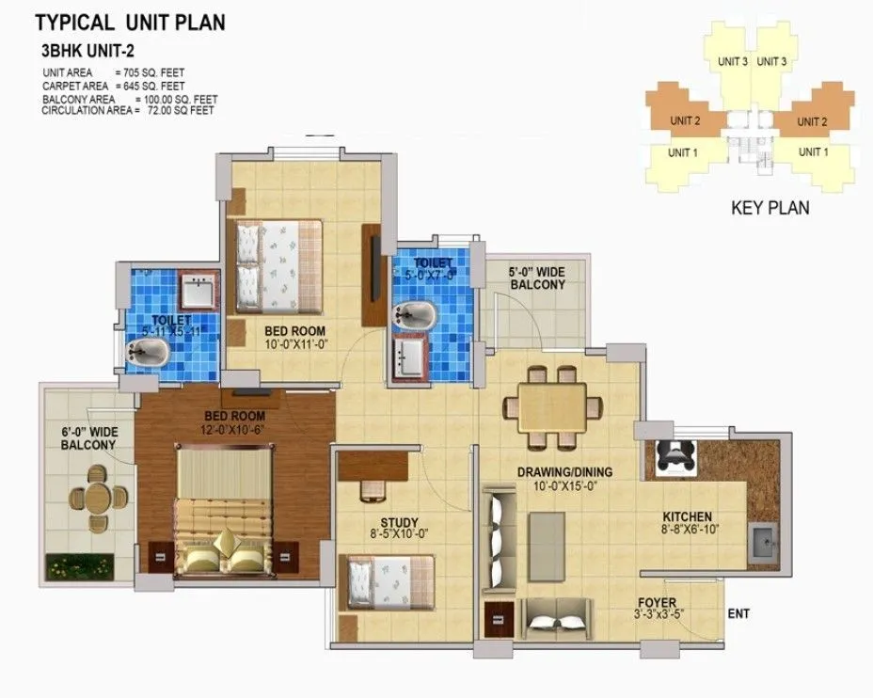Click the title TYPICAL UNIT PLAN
[131, 20]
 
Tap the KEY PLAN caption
[770, 208]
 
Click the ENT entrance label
[738, 614]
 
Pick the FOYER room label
[655, 603]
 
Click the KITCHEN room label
[687, 516]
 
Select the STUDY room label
[399, 523]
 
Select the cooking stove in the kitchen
[674, 454]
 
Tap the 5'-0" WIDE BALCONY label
[536, 278]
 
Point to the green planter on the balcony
[80, 566]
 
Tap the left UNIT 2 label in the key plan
[685, 120]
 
